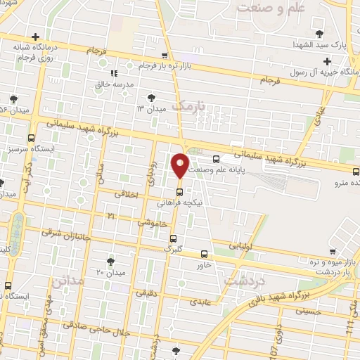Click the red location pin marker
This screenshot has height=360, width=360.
[180, 166]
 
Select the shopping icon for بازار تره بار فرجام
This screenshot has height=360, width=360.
[165, 56]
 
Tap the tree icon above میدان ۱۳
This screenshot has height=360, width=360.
[151, 97]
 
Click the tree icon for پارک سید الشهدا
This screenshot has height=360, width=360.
[320, 33]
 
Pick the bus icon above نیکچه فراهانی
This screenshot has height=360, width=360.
[179, 191]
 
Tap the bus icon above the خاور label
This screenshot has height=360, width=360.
[204, 254]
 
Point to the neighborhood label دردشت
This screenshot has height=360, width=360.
[242, 279]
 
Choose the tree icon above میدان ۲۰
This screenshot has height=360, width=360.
[110, 261]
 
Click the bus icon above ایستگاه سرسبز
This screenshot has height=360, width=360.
[31, 139]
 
